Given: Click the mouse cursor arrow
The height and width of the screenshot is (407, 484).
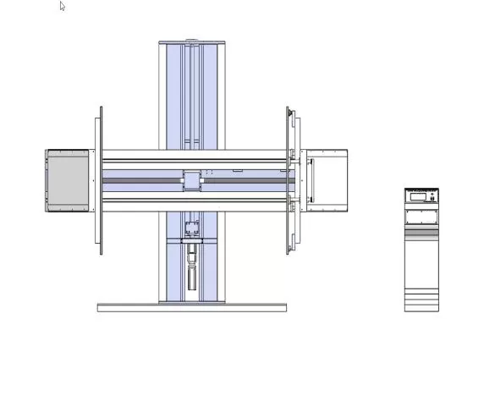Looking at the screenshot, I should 63,7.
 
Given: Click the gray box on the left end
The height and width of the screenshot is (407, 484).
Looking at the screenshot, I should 68,181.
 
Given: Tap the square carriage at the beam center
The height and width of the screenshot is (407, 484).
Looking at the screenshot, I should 191,180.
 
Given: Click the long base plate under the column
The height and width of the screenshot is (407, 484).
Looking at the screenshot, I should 191,307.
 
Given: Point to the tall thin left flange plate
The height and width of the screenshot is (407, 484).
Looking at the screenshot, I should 100,179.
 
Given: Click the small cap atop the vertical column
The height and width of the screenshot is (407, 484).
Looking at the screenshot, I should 191,41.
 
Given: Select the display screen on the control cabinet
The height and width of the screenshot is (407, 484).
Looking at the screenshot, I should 417,196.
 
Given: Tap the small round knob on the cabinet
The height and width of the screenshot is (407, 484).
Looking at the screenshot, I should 432,196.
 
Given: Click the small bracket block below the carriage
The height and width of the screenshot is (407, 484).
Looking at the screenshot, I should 191,227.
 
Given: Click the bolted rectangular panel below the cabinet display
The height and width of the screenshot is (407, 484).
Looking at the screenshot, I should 421,217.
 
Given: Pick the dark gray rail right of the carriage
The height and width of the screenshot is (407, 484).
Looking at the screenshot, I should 245,180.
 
